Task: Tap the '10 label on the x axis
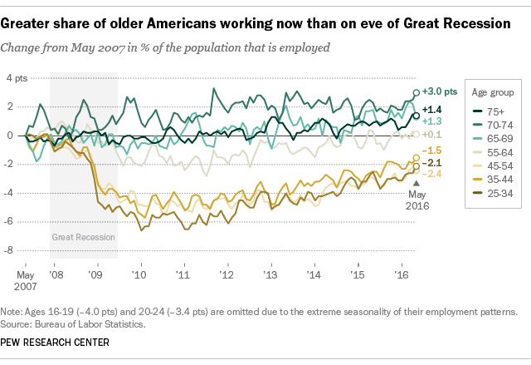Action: [x=139, y=274]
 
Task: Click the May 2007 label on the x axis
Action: [x=26, y=280]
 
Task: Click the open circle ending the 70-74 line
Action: [x=416, y=92]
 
